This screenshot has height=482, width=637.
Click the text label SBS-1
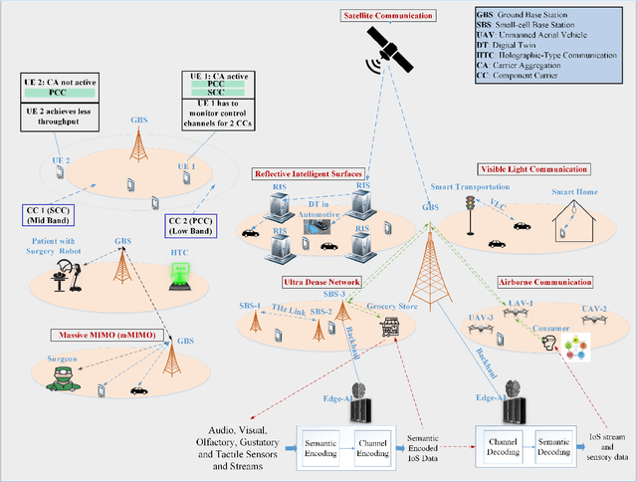(250, 304)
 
